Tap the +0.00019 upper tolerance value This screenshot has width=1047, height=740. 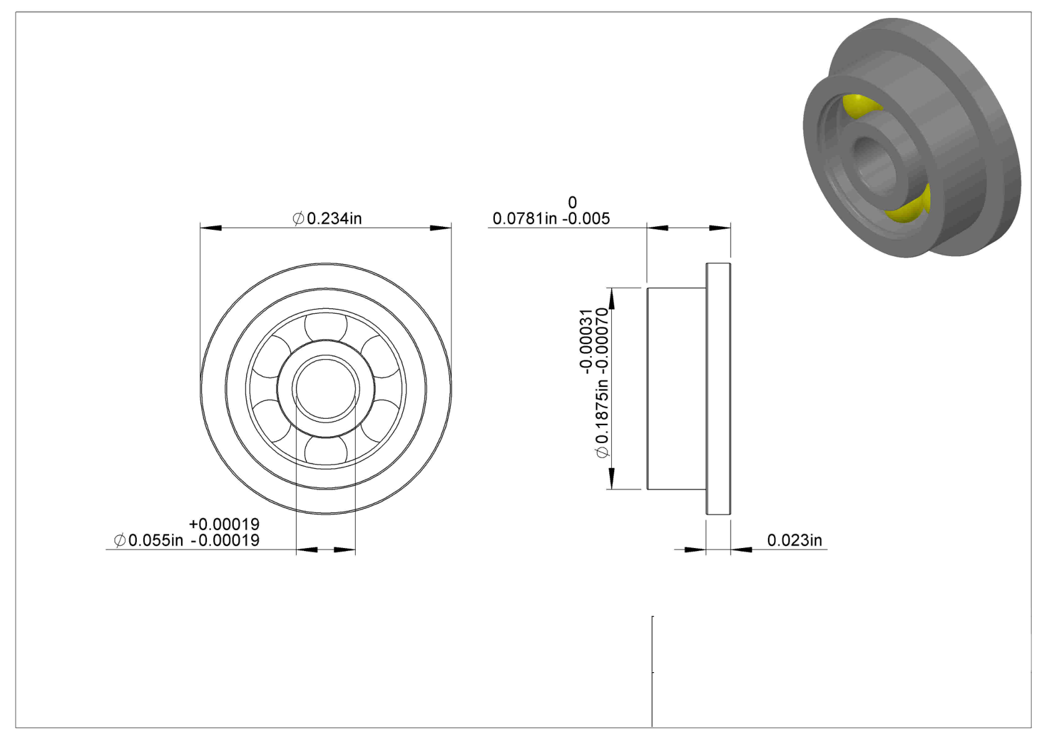[x=224, y=524]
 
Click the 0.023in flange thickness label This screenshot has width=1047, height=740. [x=795, y=540]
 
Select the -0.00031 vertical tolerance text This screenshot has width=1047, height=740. [x=586, y=342]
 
